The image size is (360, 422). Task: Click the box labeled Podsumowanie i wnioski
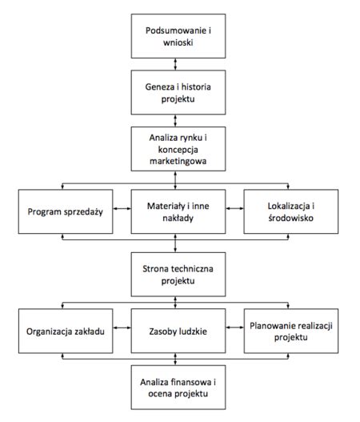178,36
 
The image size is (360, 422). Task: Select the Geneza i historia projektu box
178,93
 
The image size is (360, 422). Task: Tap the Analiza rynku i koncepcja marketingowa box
178,149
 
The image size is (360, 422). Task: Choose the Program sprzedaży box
66,211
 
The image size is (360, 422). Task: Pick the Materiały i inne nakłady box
178,211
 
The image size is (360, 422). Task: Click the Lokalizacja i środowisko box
291,211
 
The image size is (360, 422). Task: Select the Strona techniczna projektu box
178,275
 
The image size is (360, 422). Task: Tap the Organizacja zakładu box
66,331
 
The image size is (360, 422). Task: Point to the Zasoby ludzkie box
178,331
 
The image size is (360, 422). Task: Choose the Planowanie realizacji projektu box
291,331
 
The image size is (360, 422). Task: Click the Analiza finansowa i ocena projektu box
178,388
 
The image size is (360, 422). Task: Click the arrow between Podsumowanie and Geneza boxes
175,64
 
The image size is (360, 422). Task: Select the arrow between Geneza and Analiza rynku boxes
175,121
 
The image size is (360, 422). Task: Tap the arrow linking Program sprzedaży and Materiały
122,208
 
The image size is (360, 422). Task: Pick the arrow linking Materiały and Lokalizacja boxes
234,208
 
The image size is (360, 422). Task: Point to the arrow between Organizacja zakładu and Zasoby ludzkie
122,328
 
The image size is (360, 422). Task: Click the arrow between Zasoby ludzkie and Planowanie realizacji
234,328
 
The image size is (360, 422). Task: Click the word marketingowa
178,162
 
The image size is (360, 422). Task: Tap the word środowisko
290,218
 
